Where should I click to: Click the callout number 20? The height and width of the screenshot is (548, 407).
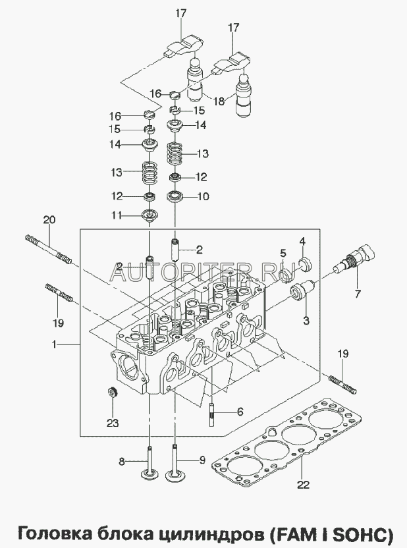tap(47, 219)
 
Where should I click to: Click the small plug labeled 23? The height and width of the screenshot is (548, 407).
tap(113, 394)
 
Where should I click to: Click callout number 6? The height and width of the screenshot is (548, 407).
tap(240, 411)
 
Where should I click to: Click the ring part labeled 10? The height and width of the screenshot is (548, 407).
tap(176, 196)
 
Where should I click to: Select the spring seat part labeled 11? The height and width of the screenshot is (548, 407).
tap(150, 215)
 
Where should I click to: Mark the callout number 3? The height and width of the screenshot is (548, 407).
tap(306, 321)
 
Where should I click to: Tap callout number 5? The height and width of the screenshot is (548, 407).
tap(282, 253)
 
